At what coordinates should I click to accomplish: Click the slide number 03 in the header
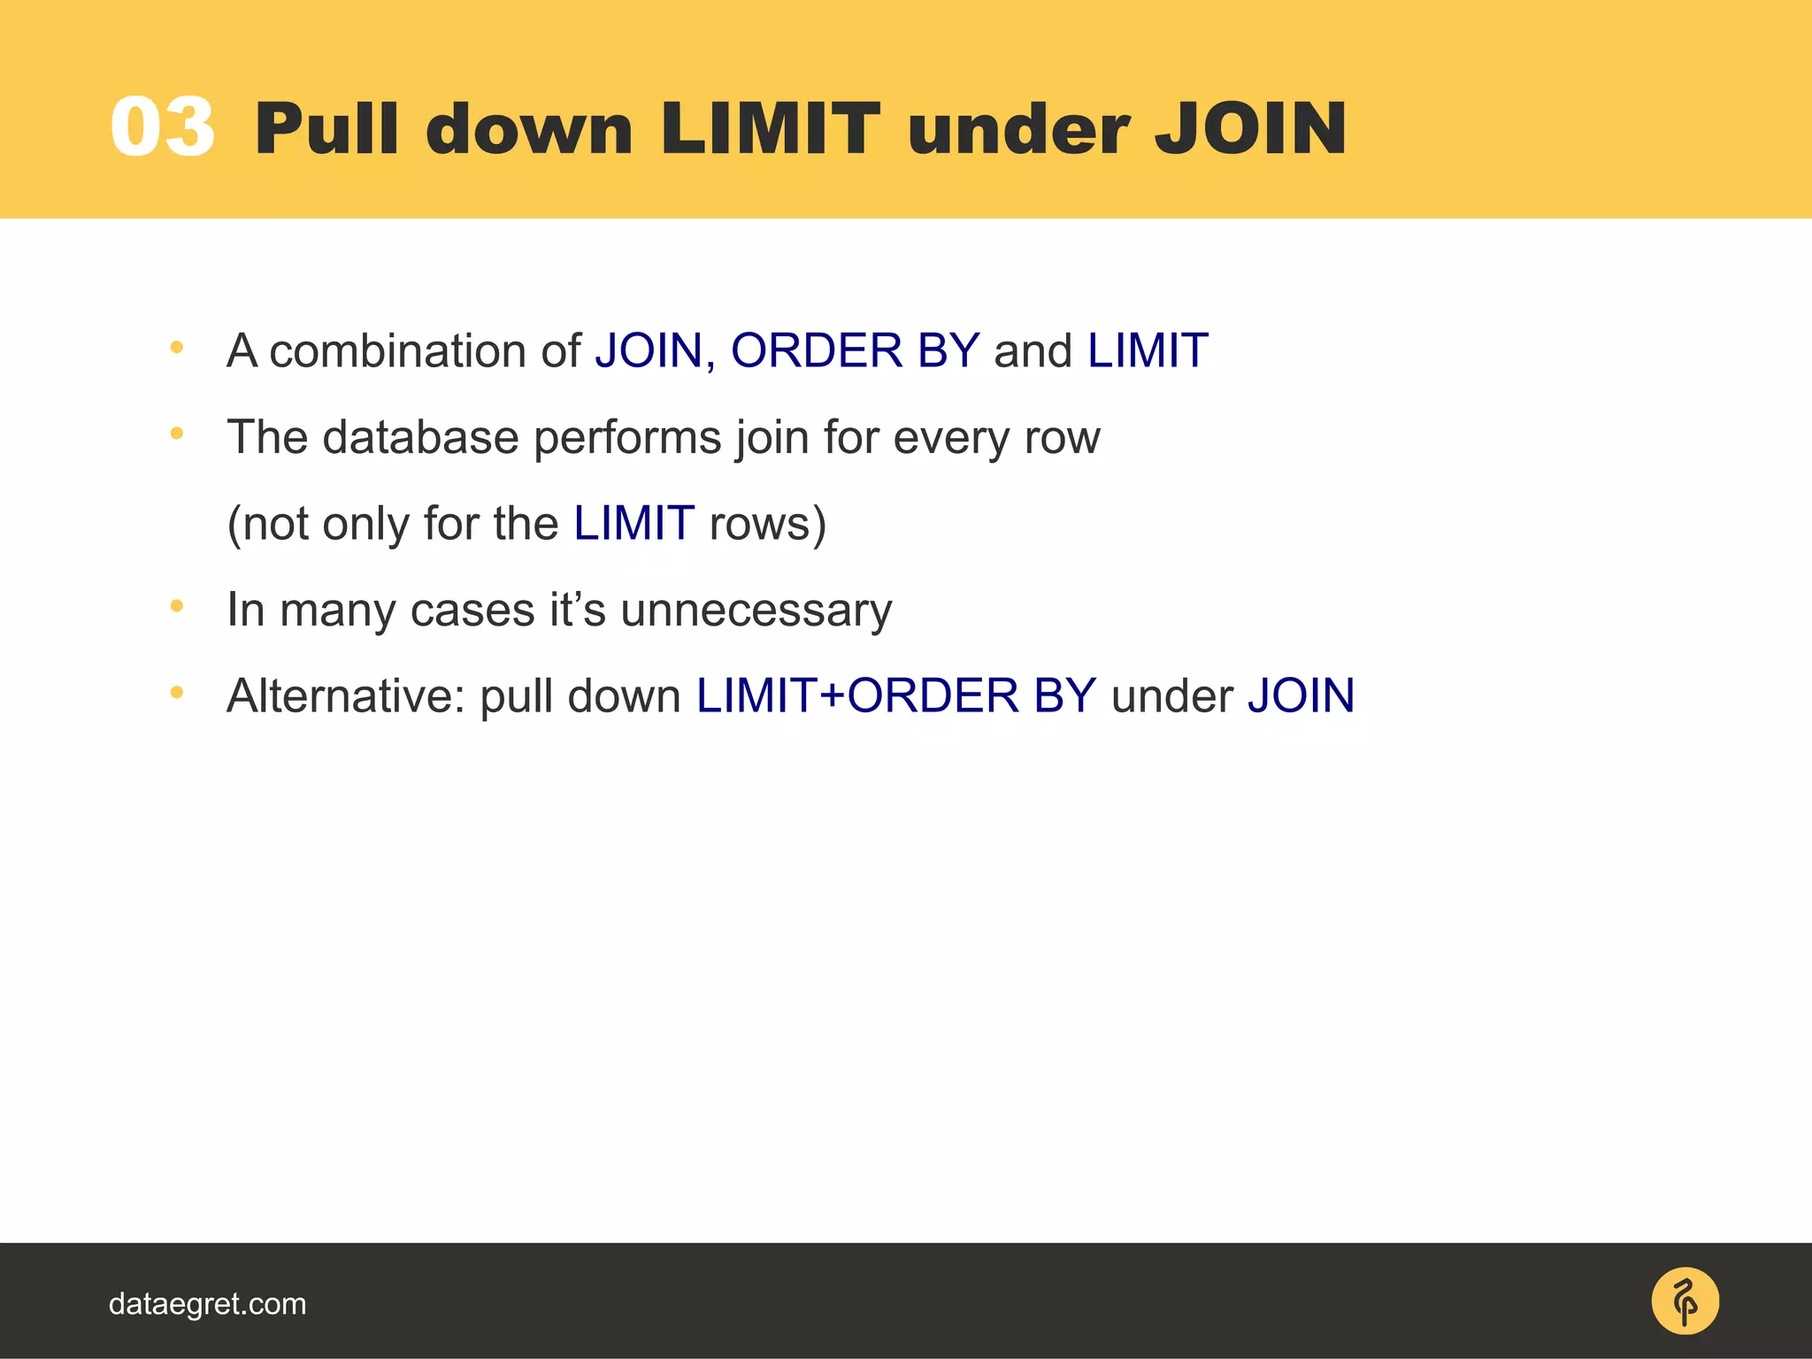pos(163,128)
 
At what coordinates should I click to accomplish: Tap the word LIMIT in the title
pos(770,129)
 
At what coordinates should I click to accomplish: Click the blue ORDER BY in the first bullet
pos(855,350)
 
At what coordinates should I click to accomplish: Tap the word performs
pos(627,437)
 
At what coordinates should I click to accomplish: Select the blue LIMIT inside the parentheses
pos(633,523)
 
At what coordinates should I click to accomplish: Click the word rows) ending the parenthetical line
pos(767,523)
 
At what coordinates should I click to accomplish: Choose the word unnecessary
pos(756,610)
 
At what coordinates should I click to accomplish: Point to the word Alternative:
pos(346,695)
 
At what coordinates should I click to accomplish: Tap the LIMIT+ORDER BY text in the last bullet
pos(895,695)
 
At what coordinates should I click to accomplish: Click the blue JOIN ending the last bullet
pos(1301,695)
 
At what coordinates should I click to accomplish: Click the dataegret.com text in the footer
pos(207,1304)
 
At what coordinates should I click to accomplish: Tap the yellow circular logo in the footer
pos(1685,1301)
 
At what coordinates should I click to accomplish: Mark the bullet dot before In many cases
pos(177,606)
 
